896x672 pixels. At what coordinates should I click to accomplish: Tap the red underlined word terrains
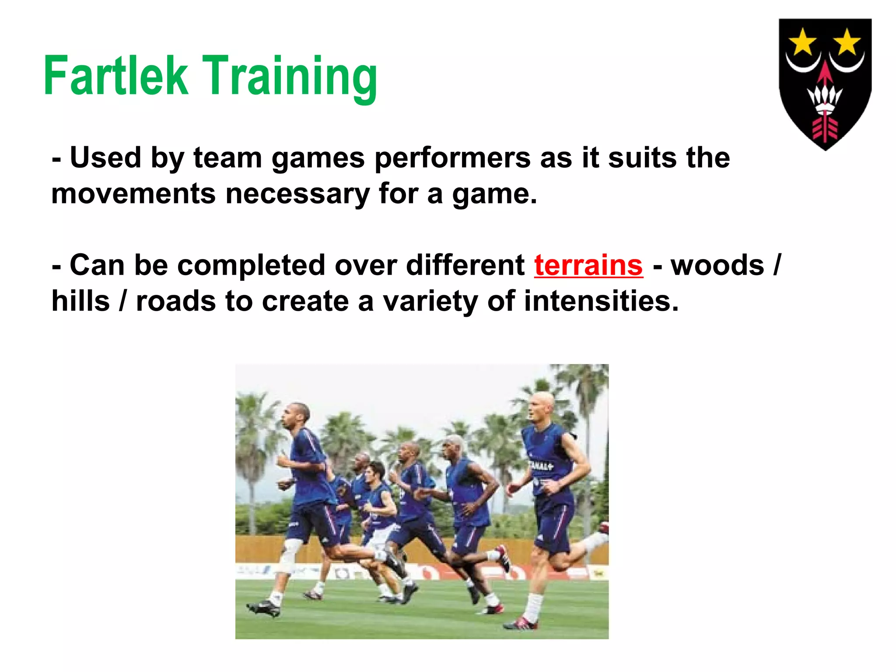pos(588,266)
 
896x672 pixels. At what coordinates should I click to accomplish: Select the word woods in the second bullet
pos(717,266)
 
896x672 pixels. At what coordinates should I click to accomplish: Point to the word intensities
pos(601,301)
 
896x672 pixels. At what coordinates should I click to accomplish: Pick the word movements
pos(133,194)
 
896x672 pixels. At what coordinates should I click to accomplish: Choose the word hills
pos(80,301)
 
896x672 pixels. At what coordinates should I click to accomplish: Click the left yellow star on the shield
pos(802,42)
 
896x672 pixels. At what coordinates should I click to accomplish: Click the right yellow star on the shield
pos(847,42)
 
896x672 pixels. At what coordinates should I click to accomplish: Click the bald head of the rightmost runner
pos(542,407)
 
